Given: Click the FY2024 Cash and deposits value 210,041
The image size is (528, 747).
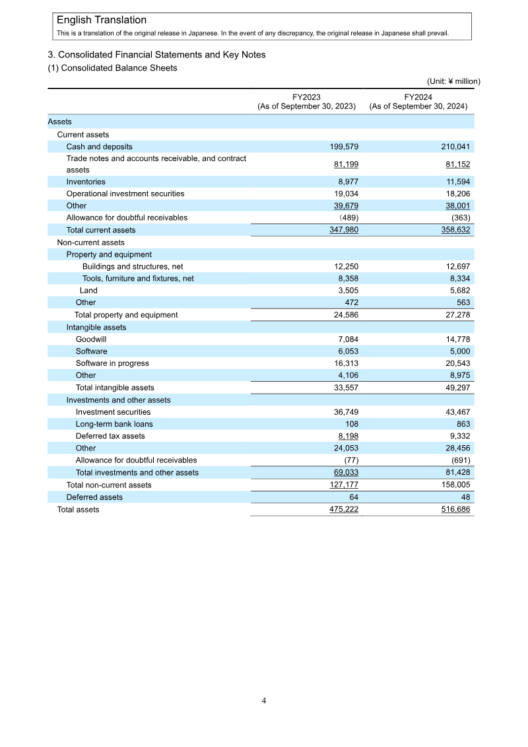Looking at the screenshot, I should click(x=455, y=147).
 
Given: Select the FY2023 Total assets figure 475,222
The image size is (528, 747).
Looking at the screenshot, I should click(x=343, y=509).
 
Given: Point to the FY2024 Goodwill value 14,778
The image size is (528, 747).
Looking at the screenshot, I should click(x=456, y=339).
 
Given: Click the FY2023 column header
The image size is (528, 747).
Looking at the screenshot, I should click(x=306, y=101).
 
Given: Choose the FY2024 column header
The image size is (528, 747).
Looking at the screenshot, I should click(x=418, y=101).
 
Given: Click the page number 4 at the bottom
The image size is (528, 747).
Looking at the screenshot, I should click(x=264, y=701).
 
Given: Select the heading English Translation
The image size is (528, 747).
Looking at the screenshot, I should click(x=102, y=20).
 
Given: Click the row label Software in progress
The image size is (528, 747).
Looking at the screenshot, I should click(x=112, y=363).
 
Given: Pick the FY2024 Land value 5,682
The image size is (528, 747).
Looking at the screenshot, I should click(x=458, y=291).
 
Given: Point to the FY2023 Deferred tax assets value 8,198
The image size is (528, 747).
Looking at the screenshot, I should click(x=347, y=436).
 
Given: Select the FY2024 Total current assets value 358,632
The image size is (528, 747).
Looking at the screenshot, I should click(x=455, y=230).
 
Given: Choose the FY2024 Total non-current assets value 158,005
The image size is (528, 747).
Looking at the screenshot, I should click(x=455, y=485).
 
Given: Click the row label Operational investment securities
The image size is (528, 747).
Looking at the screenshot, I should click(x=125, y=194).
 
